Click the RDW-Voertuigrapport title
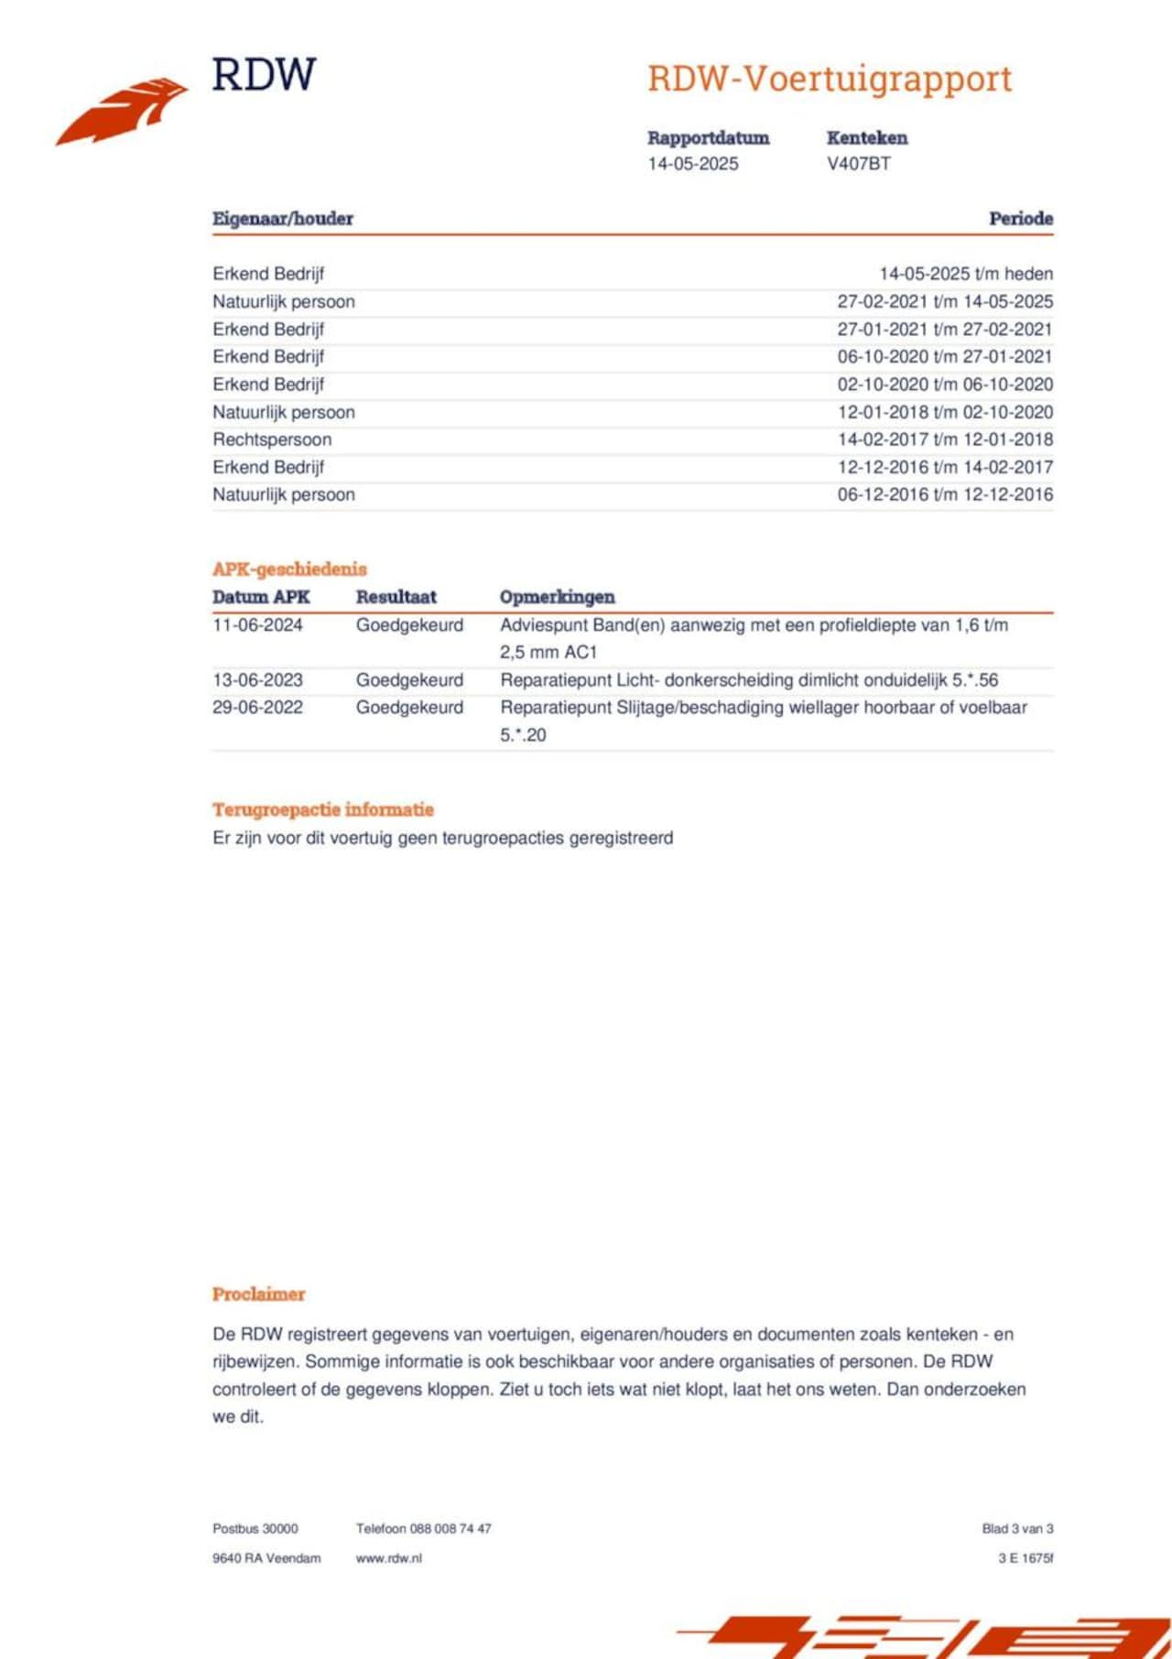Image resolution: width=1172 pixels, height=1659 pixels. (830, 79)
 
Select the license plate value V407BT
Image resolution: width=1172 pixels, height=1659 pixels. (858, 164)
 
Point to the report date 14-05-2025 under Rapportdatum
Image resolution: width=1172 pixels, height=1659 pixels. (692, 164)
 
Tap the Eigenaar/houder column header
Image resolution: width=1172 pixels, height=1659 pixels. (282, 219)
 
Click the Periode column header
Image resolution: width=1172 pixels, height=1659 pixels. (1020, 219)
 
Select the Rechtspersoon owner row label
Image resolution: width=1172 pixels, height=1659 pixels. (272, 439)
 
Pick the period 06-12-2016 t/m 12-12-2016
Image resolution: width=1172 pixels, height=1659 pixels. (944, 494)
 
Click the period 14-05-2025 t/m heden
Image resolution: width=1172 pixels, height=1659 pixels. (965, 274)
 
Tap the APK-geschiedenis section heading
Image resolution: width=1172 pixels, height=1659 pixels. (289, 569)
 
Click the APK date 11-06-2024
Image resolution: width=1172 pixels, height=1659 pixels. (257, 625)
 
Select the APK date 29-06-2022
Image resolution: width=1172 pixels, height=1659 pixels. (257, 708)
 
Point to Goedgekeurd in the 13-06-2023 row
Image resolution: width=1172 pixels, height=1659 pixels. (409, 680)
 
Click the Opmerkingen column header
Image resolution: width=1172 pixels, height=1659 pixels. (557, 597)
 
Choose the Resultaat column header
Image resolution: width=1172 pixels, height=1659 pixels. (396, 597)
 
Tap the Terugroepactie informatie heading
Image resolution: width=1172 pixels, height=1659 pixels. (322, 809)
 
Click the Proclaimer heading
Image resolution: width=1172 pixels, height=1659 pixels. (258, 1294)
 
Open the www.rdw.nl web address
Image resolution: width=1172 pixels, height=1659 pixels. (388, 1557)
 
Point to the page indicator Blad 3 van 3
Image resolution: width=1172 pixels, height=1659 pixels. (1017, 1528)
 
